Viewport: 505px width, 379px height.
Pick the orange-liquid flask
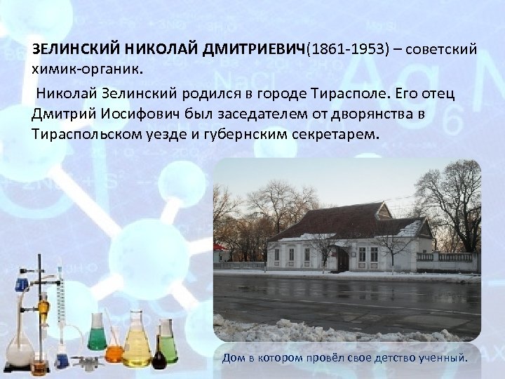pyautogui.click(x=115, y=344)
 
